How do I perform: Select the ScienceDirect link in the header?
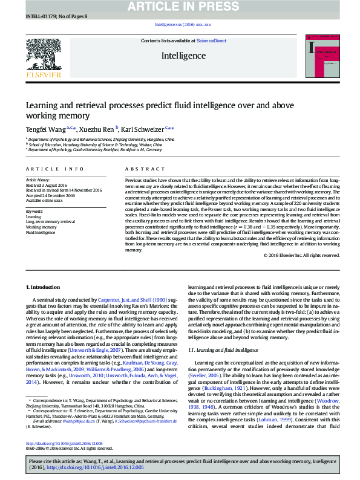212,41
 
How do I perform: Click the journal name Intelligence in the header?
183,55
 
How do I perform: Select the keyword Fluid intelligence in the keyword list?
41,233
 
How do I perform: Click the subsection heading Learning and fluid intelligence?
218,350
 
